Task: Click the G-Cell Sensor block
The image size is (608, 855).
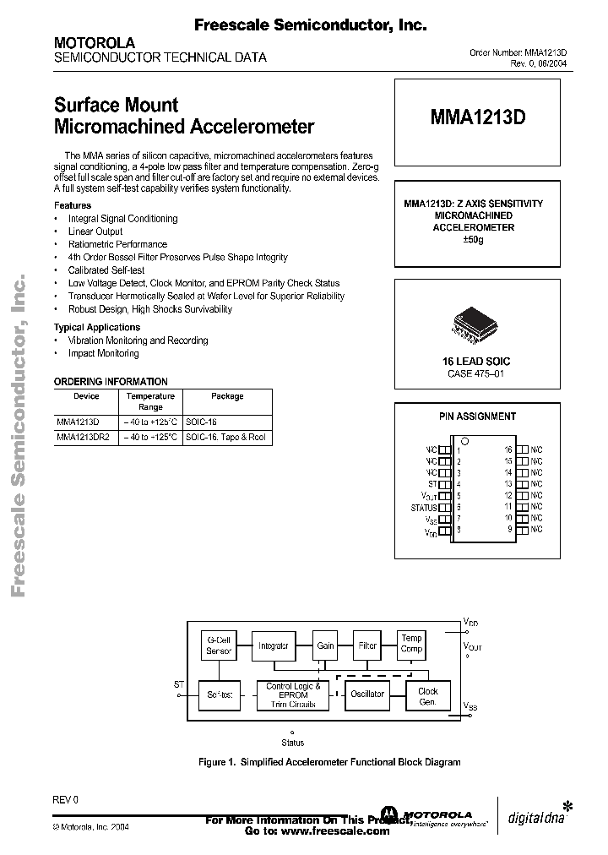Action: (219, 646)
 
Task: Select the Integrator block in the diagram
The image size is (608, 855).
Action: (274, 646)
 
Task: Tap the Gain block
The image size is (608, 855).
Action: (325, 646)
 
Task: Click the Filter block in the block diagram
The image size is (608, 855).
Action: (367, 646)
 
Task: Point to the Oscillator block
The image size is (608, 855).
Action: (368, 694)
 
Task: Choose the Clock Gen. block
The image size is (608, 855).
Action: (428, 695)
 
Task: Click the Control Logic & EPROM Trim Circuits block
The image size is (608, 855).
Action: (292, 695)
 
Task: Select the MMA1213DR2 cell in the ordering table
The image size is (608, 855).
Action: (84, 438)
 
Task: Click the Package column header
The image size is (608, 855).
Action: (227, 396)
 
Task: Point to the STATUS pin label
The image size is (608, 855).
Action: (424, 508)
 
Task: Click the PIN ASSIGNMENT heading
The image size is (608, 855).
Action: (477, 417)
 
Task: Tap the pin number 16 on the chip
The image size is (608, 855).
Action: (508, 450)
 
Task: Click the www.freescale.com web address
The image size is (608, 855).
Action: (328, 831)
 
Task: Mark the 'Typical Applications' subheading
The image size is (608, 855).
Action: (97, 327)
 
